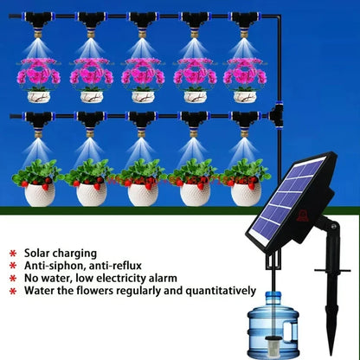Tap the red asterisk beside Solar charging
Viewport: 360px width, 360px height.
point(13,252)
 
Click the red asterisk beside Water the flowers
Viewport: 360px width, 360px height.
point(13,292)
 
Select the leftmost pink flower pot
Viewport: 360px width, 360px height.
point(39,95)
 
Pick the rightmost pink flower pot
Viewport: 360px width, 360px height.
point(245,95)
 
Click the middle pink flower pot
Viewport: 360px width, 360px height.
point(142,95)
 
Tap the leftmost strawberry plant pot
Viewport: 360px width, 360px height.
point(39,192)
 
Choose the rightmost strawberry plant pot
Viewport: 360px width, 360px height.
point(245,192)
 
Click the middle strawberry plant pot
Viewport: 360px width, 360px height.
point(142,192)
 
